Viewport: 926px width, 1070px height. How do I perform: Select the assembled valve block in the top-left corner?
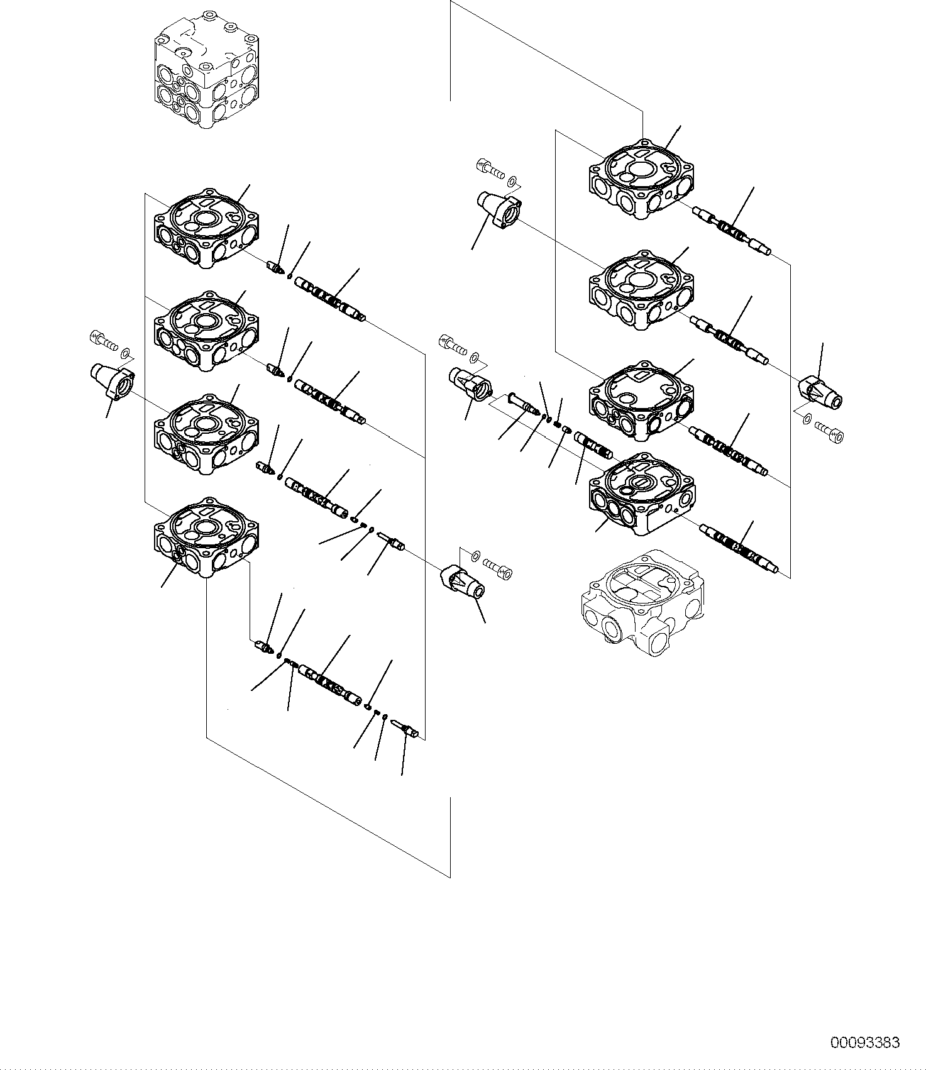[x=206, y=75]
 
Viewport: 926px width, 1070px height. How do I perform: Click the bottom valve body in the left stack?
[x=206, y=538]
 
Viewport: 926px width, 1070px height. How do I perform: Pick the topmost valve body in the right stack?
[x=641, y=180]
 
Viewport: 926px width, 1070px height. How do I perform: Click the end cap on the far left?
[x=113, y=380]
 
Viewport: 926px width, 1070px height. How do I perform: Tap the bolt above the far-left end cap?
[x=104, y=340]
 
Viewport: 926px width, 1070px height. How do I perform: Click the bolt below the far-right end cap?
[x=830, y=431]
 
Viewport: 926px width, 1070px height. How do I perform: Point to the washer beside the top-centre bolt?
[x=514, y=182]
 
